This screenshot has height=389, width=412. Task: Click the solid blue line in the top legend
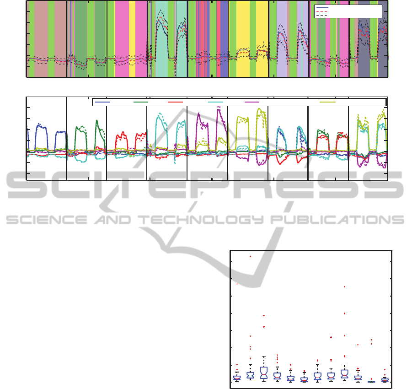(322, 8)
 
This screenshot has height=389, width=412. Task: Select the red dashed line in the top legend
(322, 12)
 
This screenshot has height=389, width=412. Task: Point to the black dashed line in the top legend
(322, 16)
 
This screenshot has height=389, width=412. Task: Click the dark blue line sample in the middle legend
(102, 102)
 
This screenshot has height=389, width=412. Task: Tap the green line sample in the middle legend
(141, 102)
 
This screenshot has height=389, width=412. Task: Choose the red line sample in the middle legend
(175, 102)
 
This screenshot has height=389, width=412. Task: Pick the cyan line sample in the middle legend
(216, 102)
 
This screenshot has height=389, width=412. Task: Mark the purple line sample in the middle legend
(252, 102)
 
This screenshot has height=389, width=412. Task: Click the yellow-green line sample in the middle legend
(328, 102)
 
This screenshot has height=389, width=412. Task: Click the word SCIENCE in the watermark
(47, 220)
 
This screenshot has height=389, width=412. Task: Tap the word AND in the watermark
(113, 220)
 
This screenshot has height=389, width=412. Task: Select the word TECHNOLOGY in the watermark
(201, 220)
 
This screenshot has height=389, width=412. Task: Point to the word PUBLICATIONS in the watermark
(337, 220)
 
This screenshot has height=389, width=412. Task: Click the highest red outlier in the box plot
(251, 256)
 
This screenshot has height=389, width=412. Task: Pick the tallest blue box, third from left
(264, 373)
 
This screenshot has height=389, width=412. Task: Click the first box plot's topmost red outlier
(237, 284)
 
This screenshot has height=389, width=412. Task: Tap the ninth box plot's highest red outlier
(344, 286)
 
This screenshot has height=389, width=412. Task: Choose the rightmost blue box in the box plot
(385, 380)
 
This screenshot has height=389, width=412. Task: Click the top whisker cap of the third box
(264, 357)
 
